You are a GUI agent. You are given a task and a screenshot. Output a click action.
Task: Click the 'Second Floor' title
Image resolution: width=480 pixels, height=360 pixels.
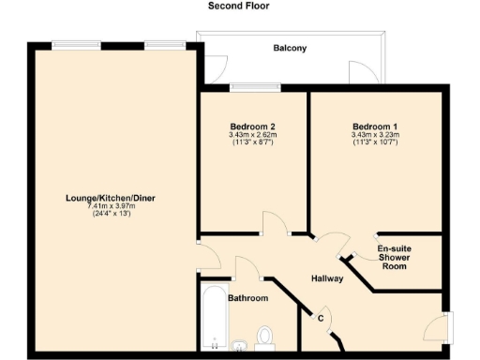[x=239, y=6]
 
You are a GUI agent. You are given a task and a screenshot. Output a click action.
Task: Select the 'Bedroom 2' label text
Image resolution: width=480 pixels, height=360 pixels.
[x=252, y=127]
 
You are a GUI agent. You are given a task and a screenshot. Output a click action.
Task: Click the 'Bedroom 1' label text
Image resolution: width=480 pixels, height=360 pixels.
[x=375, y=127]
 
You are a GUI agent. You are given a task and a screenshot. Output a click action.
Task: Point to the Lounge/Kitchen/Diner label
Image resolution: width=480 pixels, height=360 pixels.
[x=112, y=198]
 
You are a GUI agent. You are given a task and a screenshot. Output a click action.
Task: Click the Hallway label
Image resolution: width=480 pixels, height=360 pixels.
[x=327, y=278]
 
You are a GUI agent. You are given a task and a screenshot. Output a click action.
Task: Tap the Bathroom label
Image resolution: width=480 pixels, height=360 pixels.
[x=249, y=298]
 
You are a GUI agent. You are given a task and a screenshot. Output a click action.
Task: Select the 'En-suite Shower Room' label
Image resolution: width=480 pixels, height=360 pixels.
[x=395, y=257]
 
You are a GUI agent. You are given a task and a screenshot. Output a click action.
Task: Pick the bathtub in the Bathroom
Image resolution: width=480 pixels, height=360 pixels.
[x=214, y=320]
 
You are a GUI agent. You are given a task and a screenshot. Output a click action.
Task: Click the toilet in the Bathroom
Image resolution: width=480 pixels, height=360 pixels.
[x=265, y=335]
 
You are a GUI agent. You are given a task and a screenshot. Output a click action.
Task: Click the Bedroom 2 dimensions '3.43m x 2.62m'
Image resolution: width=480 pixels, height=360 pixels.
[x=252, y=135]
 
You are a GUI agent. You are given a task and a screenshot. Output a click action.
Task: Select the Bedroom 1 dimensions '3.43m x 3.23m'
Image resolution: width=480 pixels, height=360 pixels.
[x=375, y=135]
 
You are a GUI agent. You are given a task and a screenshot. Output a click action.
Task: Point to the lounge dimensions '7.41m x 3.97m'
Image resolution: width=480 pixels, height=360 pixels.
[x=112, y=205]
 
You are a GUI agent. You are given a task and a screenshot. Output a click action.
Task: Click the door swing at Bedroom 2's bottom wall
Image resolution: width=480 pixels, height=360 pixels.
[x=275, y=223]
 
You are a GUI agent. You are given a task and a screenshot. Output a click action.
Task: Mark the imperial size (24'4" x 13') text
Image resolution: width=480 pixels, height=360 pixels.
[x=112, y=214]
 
